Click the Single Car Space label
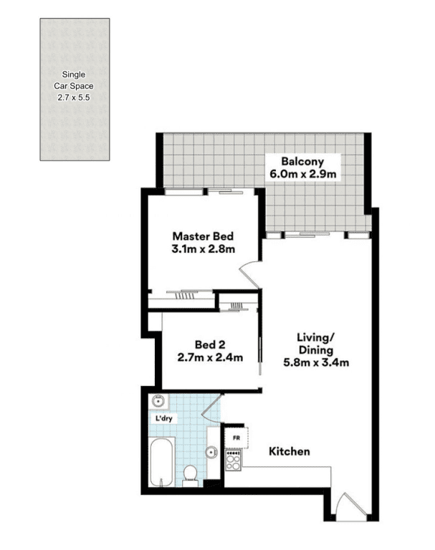[x=74, y=80]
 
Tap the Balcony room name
[x=302, y=162]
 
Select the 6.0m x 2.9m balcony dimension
[x=302, y=174]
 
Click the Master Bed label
[x=203, y=236]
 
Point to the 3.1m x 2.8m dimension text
[x=203, y=249]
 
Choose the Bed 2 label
[x=210, y=344]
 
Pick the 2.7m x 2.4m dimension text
[x=210, y=357]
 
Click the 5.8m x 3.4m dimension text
[x=316, y=362]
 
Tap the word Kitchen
[x=290, y=451]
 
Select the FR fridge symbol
[x=236, y=438]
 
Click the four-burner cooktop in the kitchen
[x=234, y=460]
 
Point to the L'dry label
[x=164, y=418]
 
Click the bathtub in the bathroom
[x=161, y=462]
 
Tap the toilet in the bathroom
[x=191, y=476]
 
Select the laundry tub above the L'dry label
[x=158, y=400]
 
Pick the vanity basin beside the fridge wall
[x=211, y=453]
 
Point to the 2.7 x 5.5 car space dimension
[x=74, y=97]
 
